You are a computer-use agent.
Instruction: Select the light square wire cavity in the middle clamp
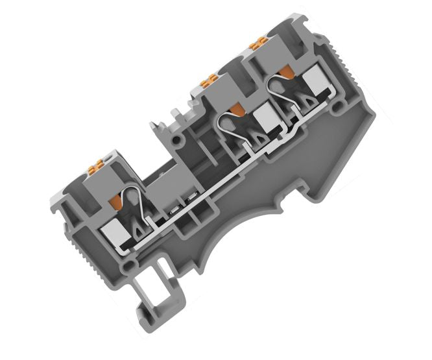[266, 120]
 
